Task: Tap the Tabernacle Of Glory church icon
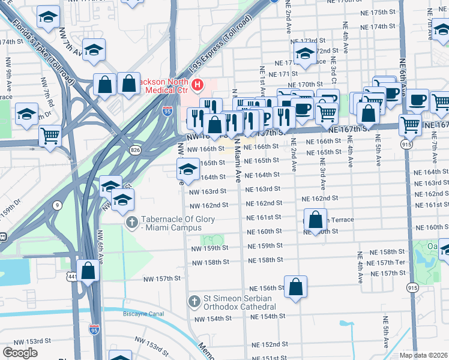coord(131,223)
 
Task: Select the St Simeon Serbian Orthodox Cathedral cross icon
coord(193,301)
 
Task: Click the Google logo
coord(20,353)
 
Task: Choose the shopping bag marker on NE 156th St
coord(296,289)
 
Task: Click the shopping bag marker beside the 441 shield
coord(88,271)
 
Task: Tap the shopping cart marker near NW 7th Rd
coord(50,136)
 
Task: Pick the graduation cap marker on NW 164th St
coord(188,171)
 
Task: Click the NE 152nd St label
coord(270,344)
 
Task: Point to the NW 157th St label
coord(162,278)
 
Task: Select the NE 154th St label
coord(267,316)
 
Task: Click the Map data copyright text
coord(424,355)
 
